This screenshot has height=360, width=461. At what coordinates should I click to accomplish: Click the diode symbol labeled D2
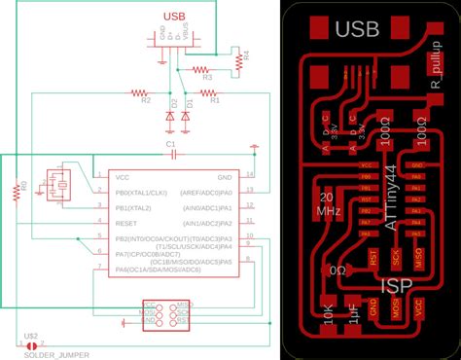(170, 117)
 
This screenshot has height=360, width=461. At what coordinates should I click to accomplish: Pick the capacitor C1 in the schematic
(169, 154)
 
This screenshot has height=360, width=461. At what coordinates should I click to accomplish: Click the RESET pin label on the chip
(125, 223)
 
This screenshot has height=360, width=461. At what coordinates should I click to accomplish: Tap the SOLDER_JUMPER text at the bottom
(55, 355)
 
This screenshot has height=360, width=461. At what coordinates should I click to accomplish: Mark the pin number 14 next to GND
(251, 175)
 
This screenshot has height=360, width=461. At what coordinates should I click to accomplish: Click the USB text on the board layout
(357, 30)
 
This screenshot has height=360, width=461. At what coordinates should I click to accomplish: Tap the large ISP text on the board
(398, 286)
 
